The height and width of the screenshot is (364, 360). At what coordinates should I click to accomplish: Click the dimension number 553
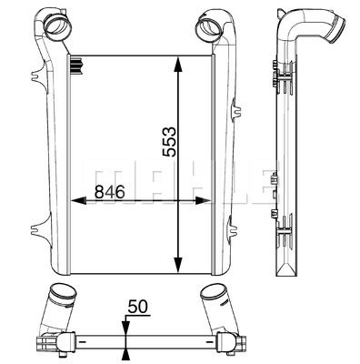169,142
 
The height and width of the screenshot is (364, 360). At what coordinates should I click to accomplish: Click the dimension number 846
110,192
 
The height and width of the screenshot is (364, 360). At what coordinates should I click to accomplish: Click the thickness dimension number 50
137,307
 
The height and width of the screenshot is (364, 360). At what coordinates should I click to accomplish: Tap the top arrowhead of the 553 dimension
178,65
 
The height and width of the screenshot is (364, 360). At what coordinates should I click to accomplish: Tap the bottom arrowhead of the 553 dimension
178,265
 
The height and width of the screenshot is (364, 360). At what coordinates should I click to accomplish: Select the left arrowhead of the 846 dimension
78,200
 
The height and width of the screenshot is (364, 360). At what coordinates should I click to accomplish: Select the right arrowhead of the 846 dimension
203,200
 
